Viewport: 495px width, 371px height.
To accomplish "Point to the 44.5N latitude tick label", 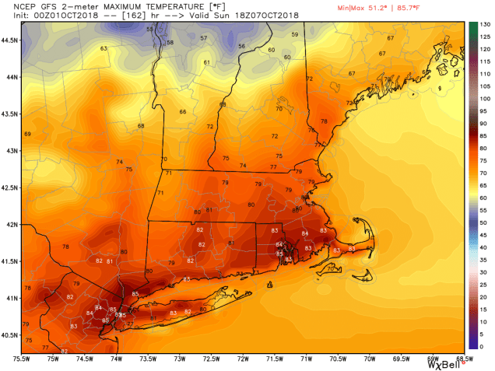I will click(x=11, y=39).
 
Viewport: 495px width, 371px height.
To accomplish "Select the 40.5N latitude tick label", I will click(x=11, y=335).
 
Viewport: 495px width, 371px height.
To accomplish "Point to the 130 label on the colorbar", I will click(x=483, y=24).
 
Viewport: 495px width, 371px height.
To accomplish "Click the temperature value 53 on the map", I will click(x=149, y=29).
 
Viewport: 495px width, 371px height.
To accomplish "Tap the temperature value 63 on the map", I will click(x=103, y=49).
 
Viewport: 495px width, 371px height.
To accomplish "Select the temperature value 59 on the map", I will click(x=294, y=35).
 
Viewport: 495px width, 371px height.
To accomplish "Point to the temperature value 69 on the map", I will click(x=27, y=135).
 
